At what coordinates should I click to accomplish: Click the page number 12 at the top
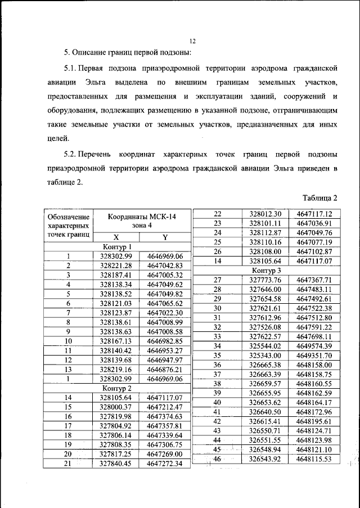[192, 41]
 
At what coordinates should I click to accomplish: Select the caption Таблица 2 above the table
[319, 198]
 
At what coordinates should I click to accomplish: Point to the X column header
[115, 237]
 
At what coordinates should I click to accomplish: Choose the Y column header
[165, 237]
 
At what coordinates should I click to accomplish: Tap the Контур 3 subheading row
[267, 271]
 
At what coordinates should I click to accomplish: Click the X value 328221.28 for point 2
[115, 266]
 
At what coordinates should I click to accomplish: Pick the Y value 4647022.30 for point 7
[165, 313]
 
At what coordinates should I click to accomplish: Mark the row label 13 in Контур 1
[68, 370]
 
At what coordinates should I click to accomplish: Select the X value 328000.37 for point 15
[115, 407]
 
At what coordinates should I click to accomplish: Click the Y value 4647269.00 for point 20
[165, 454]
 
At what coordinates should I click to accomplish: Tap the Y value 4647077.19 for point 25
[314, 242]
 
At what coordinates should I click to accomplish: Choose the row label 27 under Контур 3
[217, 280]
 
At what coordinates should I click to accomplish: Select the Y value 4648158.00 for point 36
[314, 365]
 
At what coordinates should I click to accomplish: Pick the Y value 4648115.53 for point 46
[314, 460]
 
